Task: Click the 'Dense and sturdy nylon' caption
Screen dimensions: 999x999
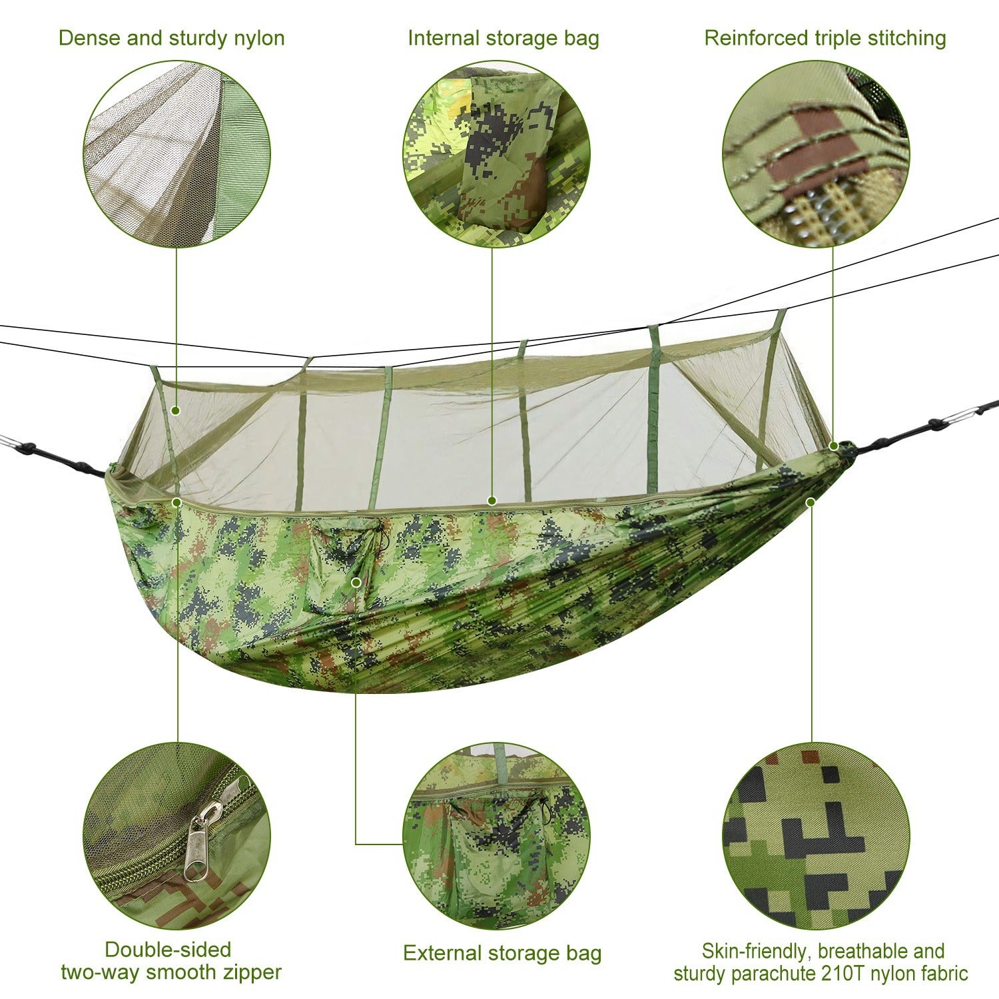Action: coord(171,38)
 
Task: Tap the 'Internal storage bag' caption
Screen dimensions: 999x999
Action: coord(503,38)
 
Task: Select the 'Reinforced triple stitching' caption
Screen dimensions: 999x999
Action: coord(825,38)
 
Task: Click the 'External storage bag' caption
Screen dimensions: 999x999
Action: coord(502,953)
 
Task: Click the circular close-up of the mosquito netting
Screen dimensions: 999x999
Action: coord(176,155)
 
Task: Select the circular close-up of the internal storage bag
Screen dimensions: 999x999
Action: coord(496,155)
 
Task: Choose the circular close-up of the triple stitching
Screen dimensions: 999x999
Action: coord(816,155)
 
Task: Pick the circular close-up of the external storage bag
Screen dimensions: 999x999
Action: coord(496,836)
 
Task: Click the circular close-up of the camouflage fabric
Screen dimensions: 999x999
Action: coord(816,836)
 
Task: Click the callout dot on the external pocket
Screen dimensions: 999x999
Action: coord(356,582)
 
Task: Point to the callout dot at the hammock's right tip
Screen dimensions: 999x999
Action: coord(833,446)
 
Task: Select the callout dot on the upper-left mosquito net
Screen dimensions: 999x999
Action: coord(176,410)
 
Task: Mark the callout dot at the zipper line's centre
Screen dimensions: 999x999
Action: coord(492,500)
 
